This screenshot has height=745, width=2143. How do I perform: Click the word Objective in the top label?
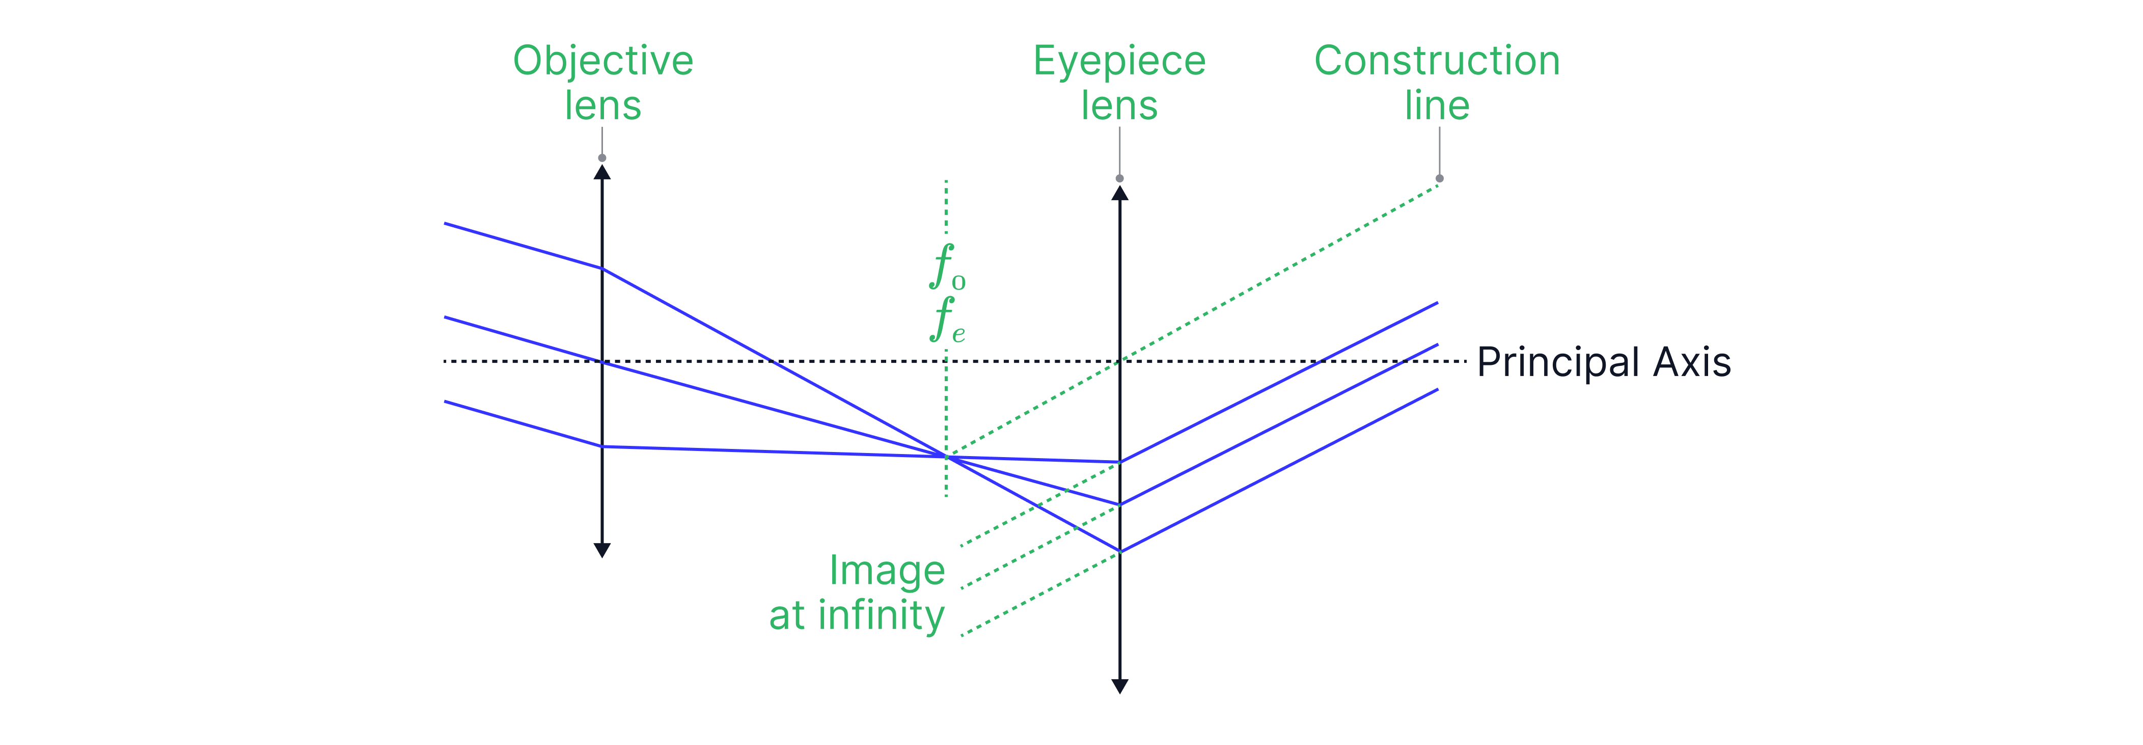pyautogui.click(x=602, y=61)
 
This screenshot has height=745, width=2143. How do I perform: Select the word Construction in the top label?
pyautogui.click(x=1437, y=61)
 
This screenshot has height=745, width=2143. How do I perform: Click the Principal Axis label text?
pyautogui.click(x=1603, y=362)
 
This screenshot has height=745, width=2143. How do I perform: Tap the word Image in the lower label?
pyautogui.click(x=887, y=571)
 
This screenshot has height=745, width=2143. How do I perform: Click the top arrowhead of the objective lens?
pyautogui.click(x=602, y=172)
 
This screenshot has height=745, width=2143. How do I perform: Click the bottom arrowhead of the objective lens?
pyautogui.click(x=602, y=550)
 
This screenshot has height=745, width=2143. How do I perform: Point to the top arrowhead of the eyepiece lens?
pyautogui.click(x=1120, y=192)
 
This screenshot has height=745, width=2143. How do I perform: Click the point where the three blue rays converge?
pyautogui.click(x=946, y=456)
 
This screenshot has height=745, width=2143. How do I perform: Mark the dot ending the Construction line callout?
pyautogui.click(x=1439, y=179)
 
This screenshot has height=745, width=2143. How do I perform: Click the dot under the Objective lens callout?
pyautogui.click(x=602, y=157)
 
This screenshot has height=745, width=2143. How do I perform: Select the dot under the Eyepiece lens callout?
pyautogui.click(x=1120, y=178)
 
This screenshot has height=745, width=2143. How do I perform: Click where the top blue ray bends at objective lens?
pyautogui.click(x=602, y=268)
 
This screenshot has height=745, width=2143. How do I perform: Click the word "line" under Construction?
pyautogui.click(x=1437, y=105)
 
